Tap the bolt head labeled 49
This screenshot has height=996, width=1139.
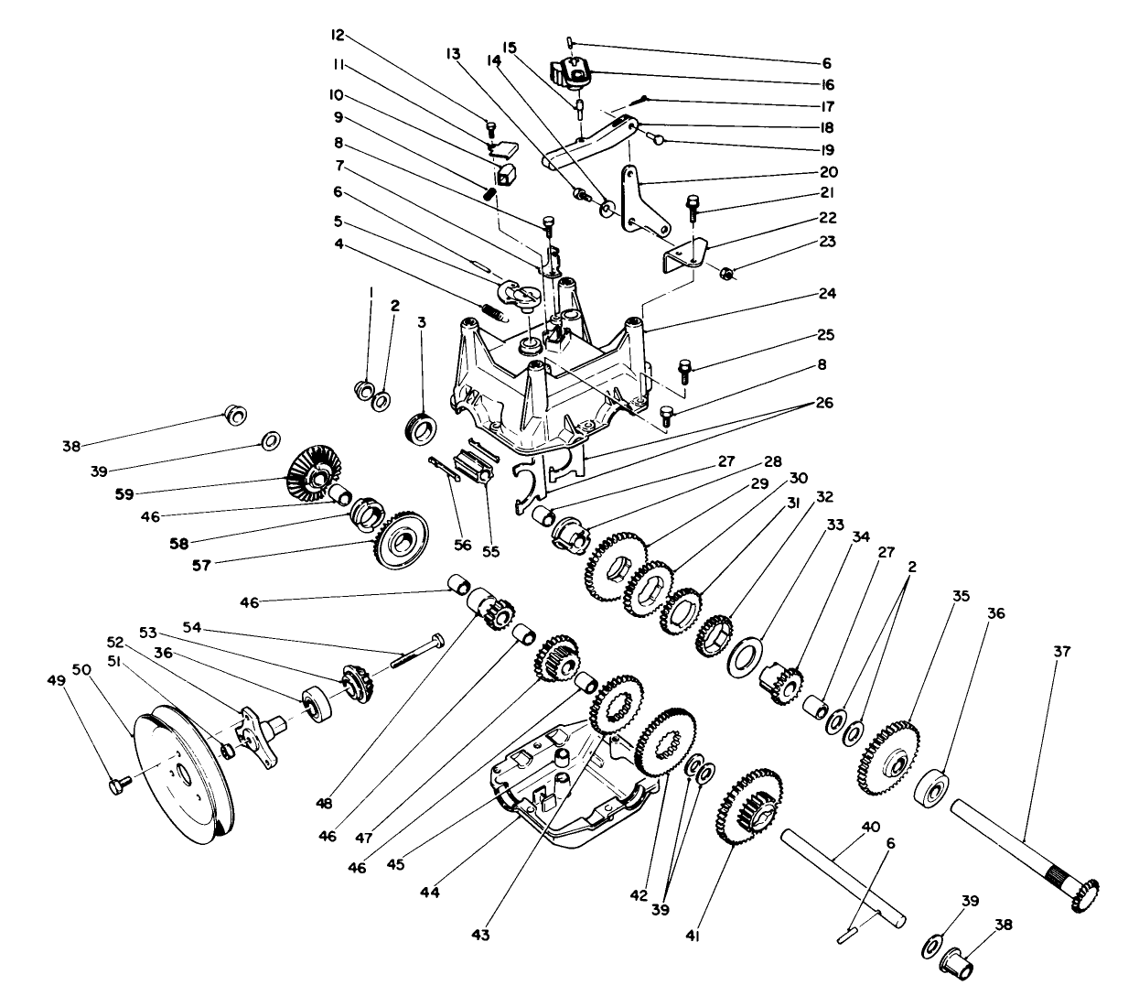115,785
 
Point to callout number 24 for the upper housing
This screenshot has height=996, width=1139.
827,294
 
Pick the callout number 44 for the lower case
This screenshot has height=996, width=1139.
430,892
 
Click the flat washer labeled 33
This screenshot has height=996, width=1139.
745,657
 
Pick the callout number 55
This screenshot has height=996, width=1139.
491,551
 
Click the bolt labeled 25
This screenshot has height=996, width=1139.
683,372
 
